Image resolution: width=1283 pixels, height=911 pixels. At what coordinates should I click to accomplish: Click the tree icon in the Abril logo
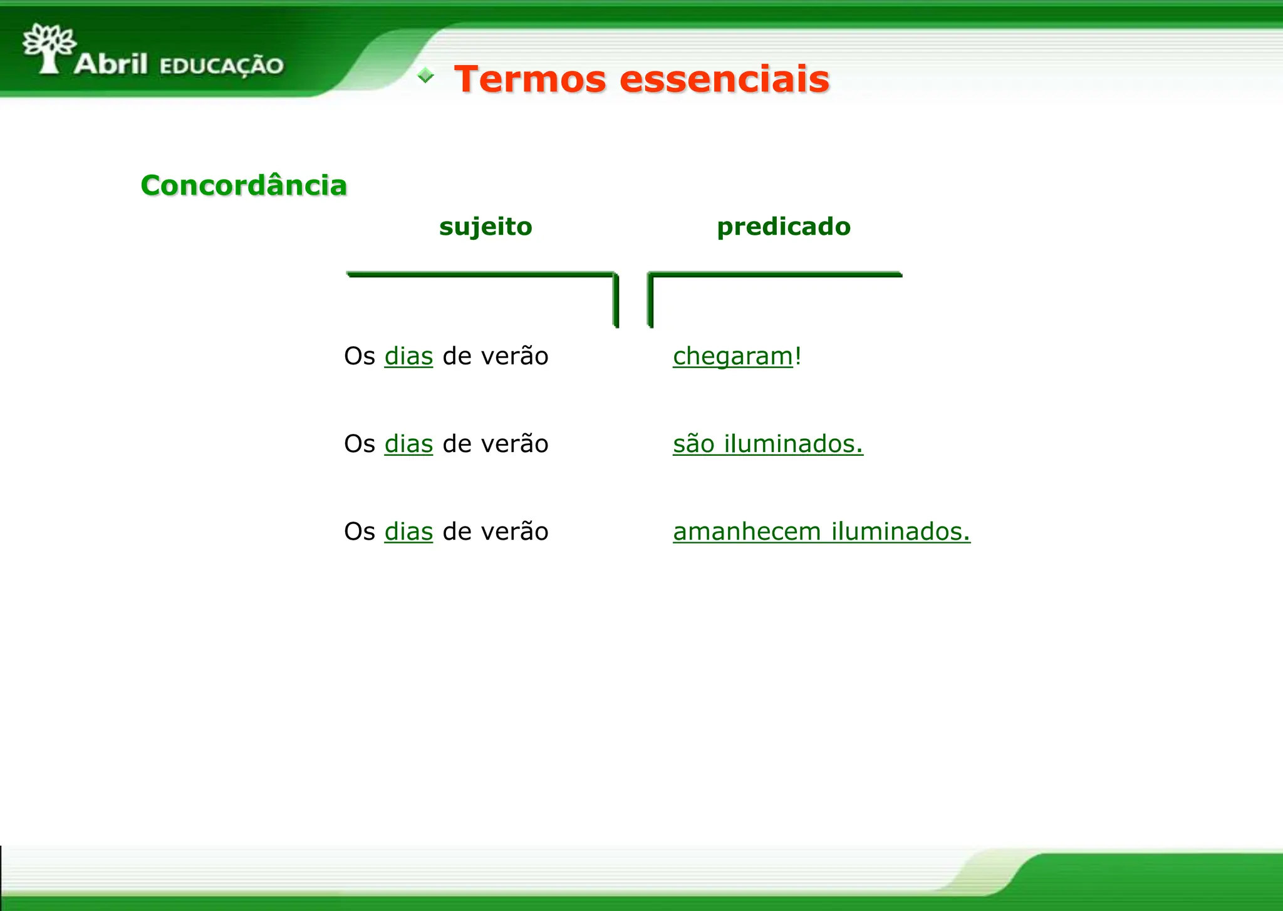pos(49,48)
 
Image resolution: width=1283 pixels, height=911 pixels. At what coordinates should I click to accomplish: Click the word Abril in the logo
pos(111,64)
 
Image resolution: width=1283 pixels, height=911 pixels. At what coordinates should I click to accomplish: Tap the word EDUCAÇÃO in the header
pos(222,66)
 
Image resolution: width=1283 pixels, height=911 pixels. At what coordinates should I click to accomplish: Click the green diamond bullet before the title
pos(425,76)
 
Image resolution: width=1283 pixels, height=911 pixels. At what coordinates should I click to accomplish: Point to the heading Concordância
pos(244,185)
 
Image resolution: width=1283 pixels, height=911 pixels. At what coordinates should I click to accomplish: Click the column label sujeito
pos(486,226)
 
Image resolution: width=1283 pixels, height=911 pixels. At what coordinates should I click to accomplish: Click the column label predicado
pos(784,226)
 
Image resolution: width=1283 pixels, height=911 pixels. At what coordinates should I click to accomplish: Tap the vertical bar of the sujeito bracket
pos(616,301)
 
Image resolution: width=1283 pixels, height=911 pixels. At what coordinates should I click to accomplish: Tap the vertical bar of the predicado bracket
pos(650,301)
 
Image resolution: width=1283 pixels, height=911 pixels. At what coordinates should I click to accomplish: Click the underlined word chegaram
pos(732,356)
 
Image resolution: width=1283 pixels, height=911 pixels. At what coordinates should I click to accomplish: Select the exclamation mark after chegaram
pos(798,355)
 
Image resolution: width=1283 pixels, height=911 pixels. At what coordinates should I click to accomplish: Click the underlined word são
pos(693,444)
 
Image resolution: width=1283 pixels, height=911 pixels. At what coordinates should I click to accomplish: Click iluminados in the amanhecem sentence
pos(900,532)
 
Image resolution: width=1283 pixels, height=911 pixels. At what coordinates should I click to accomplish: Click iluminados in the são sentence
pos(793,444)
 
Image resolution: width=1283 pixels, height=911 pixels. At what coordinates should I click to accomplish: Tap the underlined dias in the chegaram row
pos(408,356)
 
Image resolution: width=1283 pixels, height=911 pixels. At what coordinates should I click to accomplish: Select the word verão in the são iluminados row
pos(514,444)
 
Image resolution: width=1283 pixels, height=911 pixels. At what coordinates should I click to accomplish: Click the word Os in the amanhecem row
pos(360,532)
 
